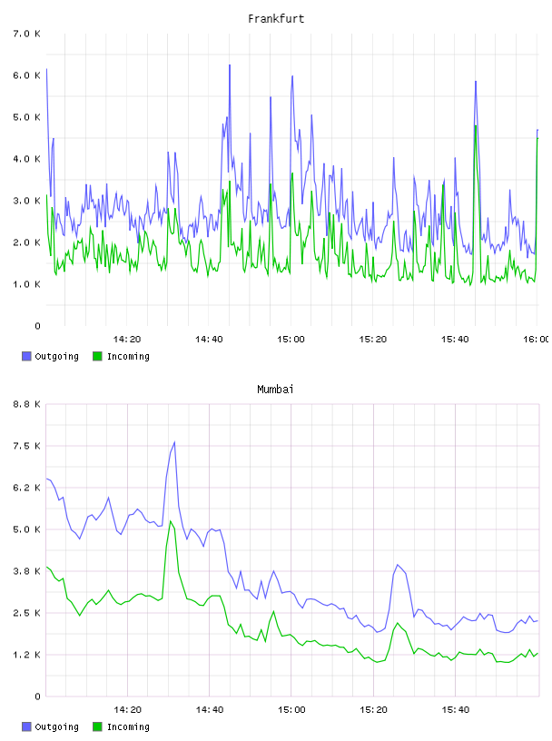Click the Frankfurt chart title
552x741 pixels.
(276, 19)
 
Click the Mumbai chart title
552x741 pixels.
(275, 390)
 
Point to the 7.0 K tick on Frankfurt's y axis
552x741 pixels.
(27, 34)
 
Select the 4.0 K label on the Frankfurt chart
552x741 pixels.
(27, 159)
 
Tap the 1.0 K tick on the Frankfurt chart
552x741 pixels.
(27, 284)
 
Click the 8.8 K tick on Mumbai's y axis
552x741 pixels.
(27, 404)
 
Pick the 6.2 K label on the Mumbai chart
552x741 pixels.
(27, 488)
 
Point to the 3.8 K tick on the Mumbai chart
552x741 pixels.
(27, 571)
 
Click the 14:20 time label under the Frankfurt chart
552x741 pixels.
(127, 339)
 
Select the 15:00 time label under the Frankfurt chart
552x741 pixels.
(291, 339)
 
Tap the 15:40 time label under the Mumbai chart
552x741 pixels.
(456, 709)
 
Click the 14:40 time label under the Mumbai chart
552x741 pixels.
(210, 709)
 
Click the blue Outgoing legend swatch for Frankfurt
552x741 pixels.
(26, 356)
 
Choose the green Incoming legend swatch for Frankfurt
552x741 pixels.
(97, 356)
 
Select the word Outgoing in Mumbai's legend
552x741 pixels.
(56, 726)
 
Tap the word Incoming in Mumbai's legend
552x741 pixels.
(128, 726)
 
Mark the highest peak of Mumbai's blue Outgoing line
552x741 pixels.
(174, 442)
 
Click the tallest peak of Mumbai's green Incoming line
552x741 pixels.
(171, 521)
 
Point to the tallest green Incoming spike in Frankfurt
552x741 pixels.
(476, 125)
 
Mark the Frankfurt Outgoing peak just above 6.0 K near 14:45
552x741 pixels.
(230, 65)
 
